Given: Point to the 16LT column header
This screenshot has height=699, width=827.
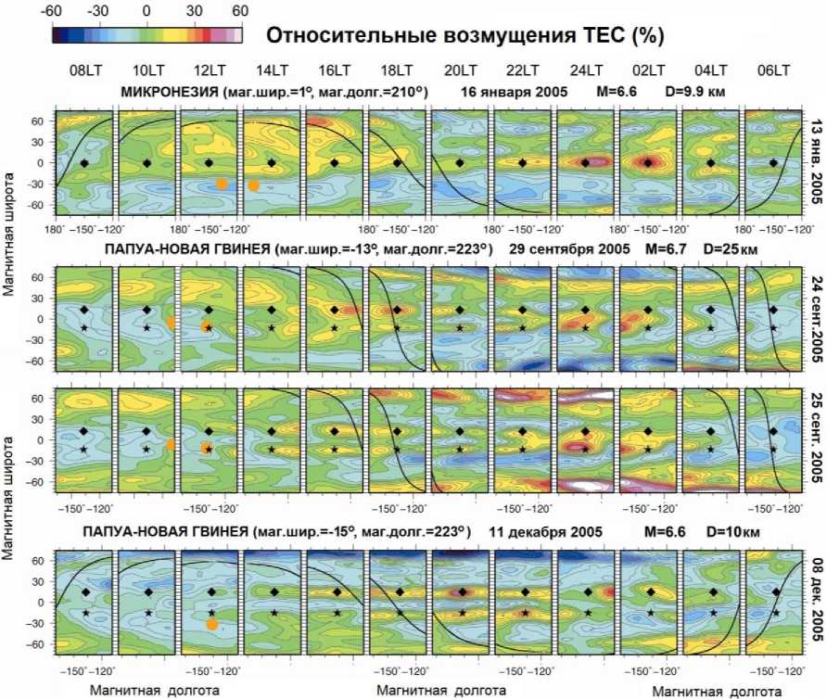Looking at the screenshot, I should pos(335,71).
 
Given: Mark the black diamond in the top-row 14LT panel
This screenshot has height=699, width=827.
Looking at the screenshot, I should pos(272,162).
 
